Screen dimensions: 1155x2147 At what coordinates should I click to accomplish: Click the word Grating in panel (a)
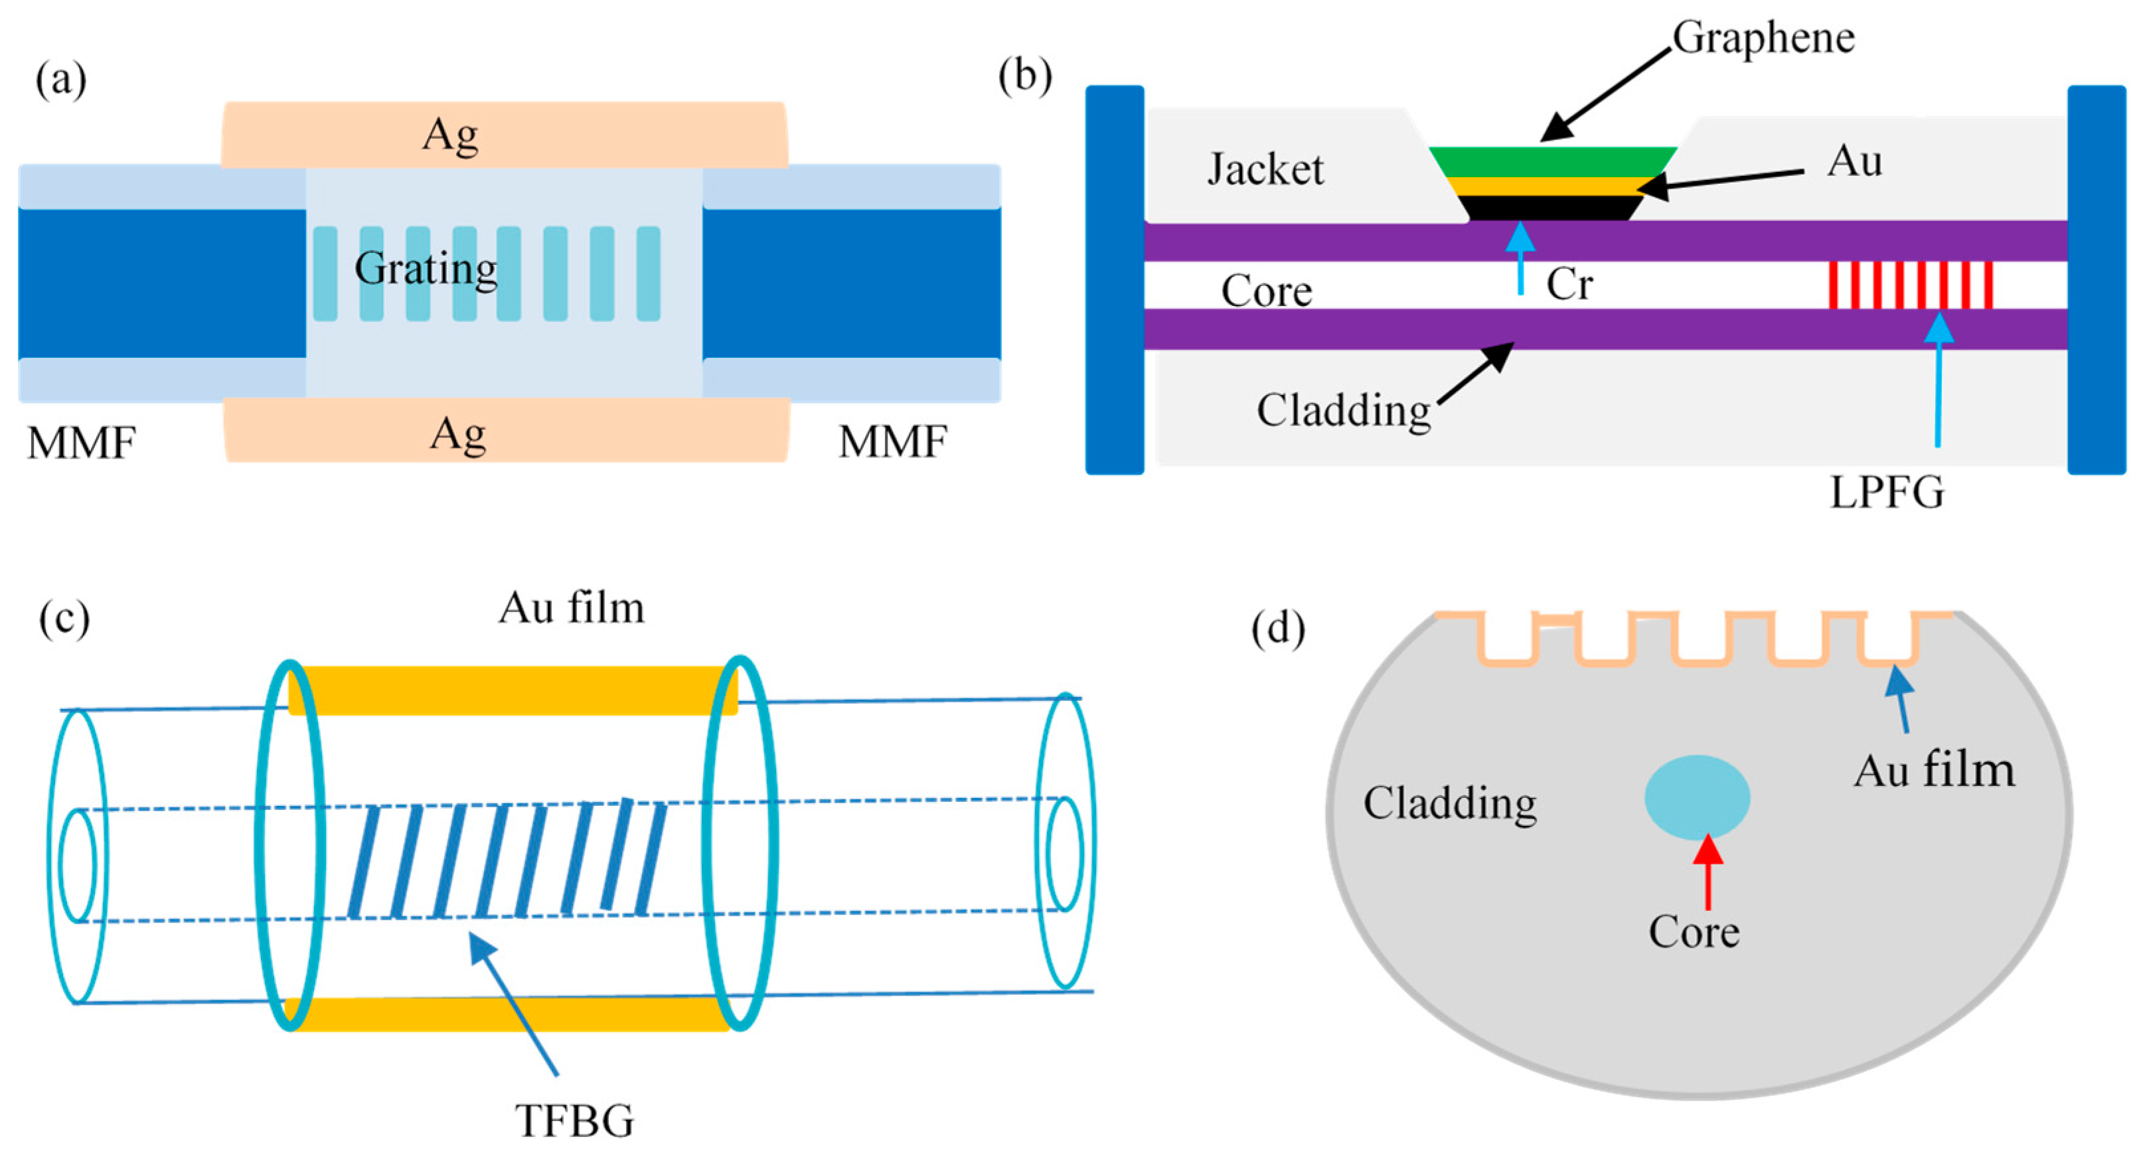426,269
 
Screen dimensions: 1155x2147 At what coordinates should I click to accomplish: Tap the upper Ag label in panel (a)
450,135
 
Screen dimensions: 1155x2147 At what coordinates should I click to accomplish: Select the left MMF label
81,443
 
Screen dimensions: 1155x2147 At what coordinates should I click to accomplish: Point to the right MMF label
893,441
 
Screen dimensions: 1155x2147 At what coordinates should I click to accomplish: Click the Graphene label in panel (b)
1763,37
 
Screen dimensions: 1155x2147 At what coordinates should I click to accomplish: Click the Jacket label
1265,169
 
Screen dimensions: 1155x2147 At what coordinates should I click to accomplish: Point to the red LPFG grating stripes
1910,285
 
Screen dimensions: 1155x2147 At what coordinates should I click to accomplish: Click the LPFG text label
1887,493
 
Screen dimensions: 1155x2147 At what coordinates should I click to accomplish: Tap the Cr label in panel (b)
1569,285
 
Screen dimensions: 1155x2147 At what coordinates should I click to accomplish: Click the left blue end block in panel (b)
1115,279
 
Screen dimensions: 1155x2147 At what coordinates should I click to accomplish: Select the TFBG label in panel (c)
574,1120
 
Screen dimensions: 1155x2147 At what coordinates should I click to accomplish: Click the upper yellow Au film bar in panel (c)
513,690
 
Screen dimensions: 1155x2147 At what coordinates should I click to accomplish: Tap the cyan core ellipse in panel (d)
1697,797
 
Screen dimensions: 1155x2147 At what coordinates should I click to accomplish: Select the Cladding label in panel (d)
1449,803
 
